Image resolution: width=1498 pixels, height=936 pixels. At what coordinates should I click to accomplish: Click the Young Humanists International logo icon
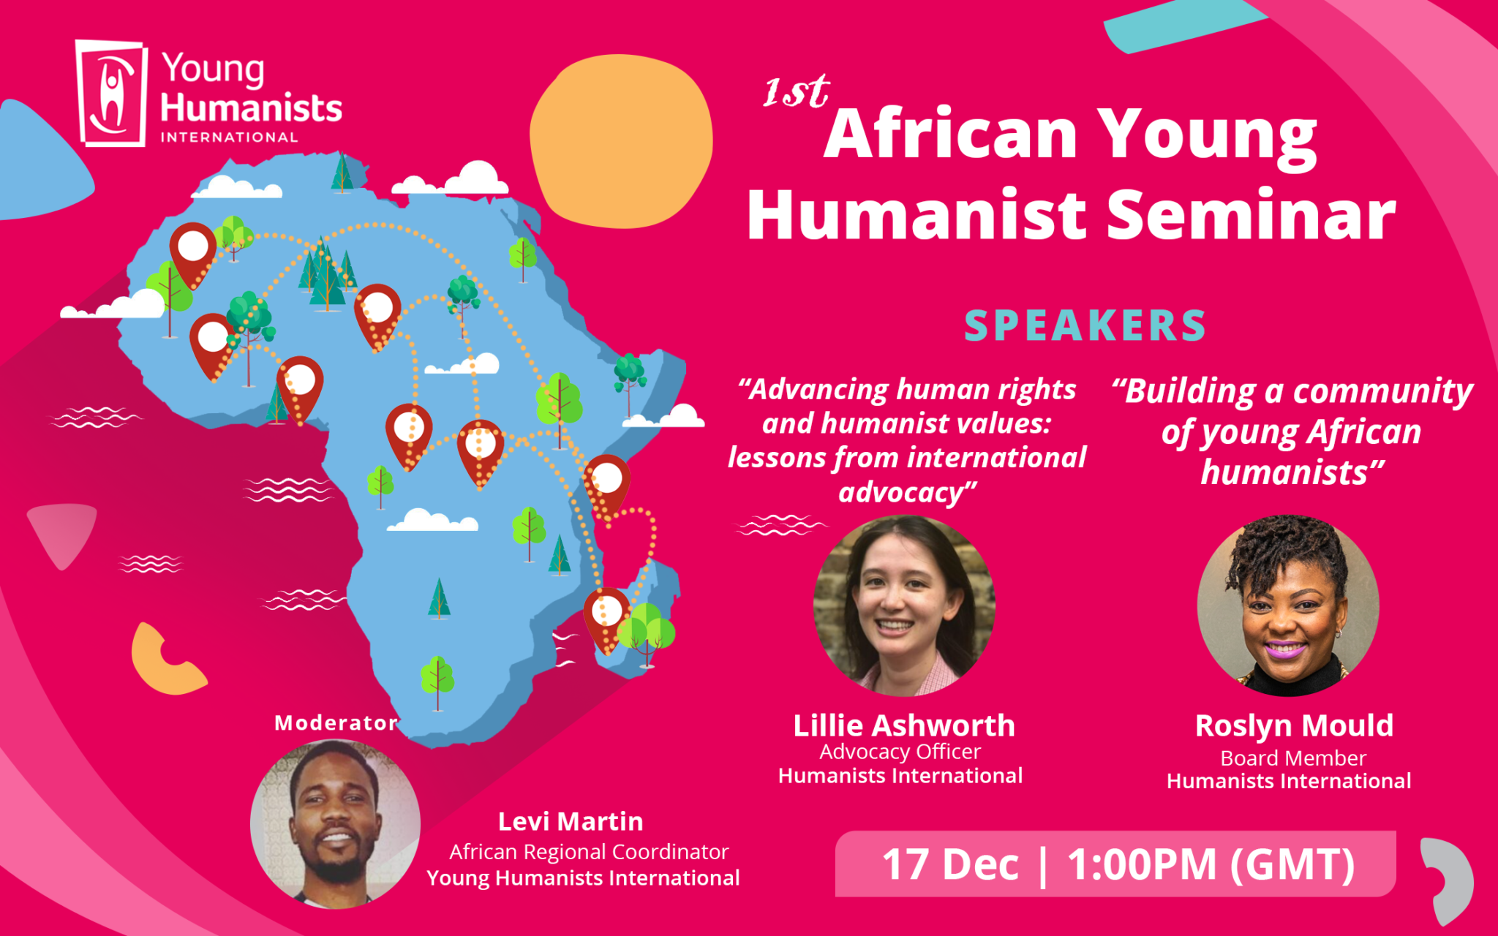click(x=111, y=93)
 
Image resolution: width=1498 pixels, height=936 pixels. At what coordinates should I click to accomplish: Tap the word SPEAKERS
click(x=1085, y=326)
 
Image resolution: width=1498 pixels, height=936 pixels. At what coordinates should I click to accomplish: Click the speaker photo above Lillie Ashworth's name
click(x=904, y=605)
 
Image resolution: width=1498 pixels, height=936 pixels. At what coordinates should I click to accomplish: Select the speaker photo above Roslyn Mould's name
click(x=1287, y=605)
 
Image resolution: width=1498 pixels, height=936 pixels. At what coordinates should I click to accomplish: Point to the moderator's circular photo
click(x=335, y=824)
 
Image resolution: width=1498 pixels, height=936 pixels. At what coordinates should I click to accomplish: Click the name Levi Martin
click(x=571, y=821)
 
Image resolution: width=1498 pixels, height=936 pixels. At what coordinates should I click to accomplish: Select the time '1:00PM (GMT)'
click(x=1211, y=864)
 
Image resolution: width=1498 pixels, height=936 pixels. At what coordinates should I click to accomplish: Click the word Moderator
click(x=336, y=722)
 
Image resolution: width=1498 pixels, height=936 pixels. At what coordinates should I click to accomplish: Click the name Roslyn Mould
click(x=1294, y=725)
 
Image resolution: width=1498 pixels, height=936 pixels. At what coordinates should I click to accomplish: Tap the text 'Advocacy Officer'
click(x=900, y=752)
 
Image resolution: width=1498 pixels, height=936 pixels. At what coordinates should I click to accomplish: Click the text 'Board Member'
click(x=1293, y=758)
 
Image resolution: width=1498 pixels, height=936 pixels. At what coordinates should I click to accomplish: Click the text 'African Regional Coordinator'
click(x=589, y=852)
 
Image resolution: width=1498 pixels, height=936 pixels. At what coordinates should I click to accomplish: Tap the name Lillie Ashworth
click(x=904, y=725)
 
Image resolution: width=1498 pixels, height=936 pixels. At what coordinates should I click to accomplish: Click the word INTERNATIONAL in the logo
click(x=229, y=137)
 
